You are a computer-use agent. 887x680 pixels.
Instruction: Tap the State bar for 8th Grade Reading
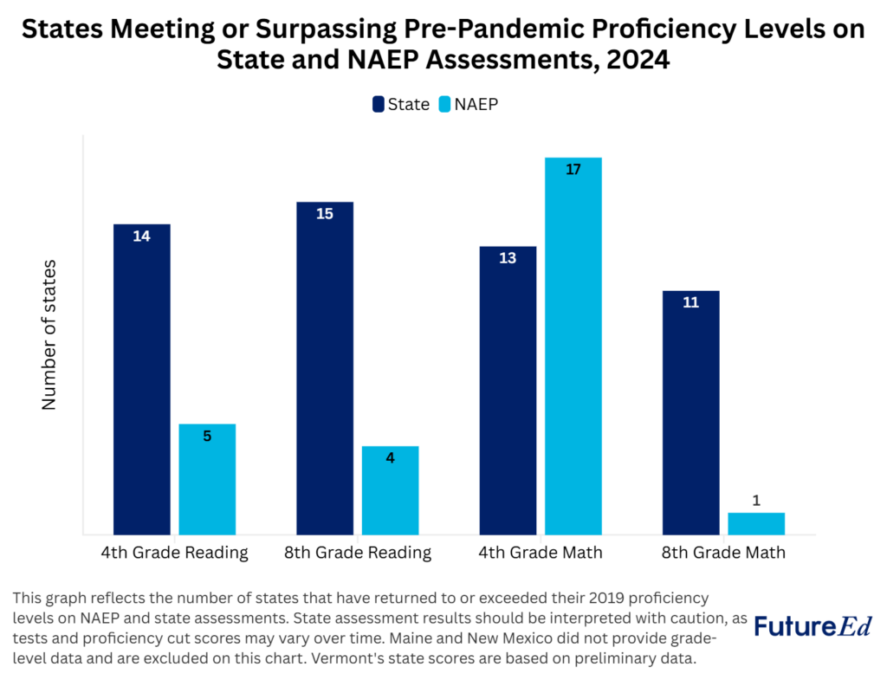coord(325,368)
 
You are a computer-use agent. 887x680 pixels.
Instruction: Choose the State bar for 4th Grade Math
coord(508,390)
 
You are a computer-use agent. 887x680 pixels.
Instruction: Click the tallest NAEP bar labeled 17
coord(573,346)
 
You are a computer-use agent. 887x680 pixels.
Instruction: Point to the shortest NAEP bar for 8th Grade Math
coord(755,523)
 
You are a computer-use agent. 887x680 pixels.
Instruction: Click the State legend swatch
coord(379,104)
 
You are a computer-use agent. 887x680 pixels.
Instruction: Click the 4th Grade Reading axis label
coord(174,553)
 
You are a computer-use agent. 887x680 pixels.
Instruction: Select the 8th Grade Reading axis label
coord(357,553)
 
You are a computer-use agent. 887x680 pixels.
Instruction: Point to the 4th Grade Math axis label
coord(541,553)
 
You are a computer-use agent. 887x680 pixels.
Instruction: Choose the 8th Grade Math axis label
coord(723,553)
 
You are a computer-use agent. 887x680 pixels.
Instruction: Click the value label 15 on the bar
coord(325,213)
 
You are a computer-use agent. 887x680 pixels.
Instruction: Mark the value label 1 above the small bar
coord(755,501)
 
